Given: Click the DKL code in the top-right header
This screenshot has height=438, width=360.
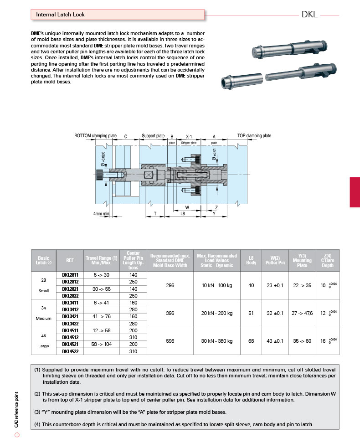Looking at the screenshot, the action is pos(309,15).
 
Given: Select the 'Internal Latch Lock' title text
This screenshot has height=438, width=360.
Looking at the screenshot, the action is pos(60,15).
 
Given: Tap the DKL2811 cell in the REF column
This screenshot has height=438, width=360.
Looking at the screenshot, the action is pos(70,275).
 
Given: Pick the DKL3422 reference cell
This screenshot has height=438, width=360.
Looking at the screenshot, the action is pos(70,324).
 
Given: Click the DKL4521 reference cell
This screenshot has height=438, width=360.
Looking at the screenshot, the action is pos(70,345).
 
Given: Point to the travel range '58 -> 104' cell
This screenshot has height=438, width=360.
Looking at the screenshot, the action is pos(101,345).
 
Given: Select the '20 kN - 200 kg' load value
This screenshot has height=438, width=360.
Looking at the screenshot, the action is pos(217,313).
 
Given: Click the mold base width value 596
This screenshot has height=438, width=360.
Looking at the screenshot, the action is pos(170,341).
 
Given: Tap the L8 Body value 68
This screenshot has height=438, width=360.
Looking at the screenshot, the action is pos(251,341).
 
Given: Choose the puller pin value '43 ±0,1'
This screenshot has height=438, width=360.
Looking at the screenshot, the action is pos(275,341).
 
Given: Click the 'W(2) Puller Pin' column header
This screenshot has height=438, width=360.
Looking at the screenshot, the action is pos(275,260).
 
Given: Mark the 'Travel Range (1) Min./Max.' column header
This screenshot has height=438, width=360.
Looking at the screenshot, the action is pos(101,260).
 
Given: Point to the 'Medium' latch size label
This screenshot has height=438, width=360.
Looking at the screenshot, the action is pos(44,319).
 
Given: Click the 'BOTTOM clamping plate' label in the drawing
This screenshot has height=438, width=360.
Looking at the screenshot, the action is pos(95,136).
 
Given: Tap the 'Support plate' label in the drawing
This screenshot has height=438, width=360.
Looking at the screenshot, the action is pos(153,136).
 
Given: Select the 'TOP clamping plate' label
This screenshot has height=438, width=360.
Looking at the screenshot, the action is pos(254,136).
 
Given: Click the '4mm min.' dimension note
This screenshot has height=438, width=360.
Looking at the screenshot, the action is pos(102,214).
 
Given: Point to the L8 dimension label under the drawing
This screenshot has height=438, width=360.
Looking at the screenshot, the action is pos(183,214).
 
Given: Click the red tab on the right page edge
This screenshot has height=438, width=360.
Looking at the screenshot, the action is pos(355,192).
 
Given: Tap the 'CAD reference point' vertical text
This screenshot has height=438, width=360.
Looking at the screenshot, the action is pos(16,409).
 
